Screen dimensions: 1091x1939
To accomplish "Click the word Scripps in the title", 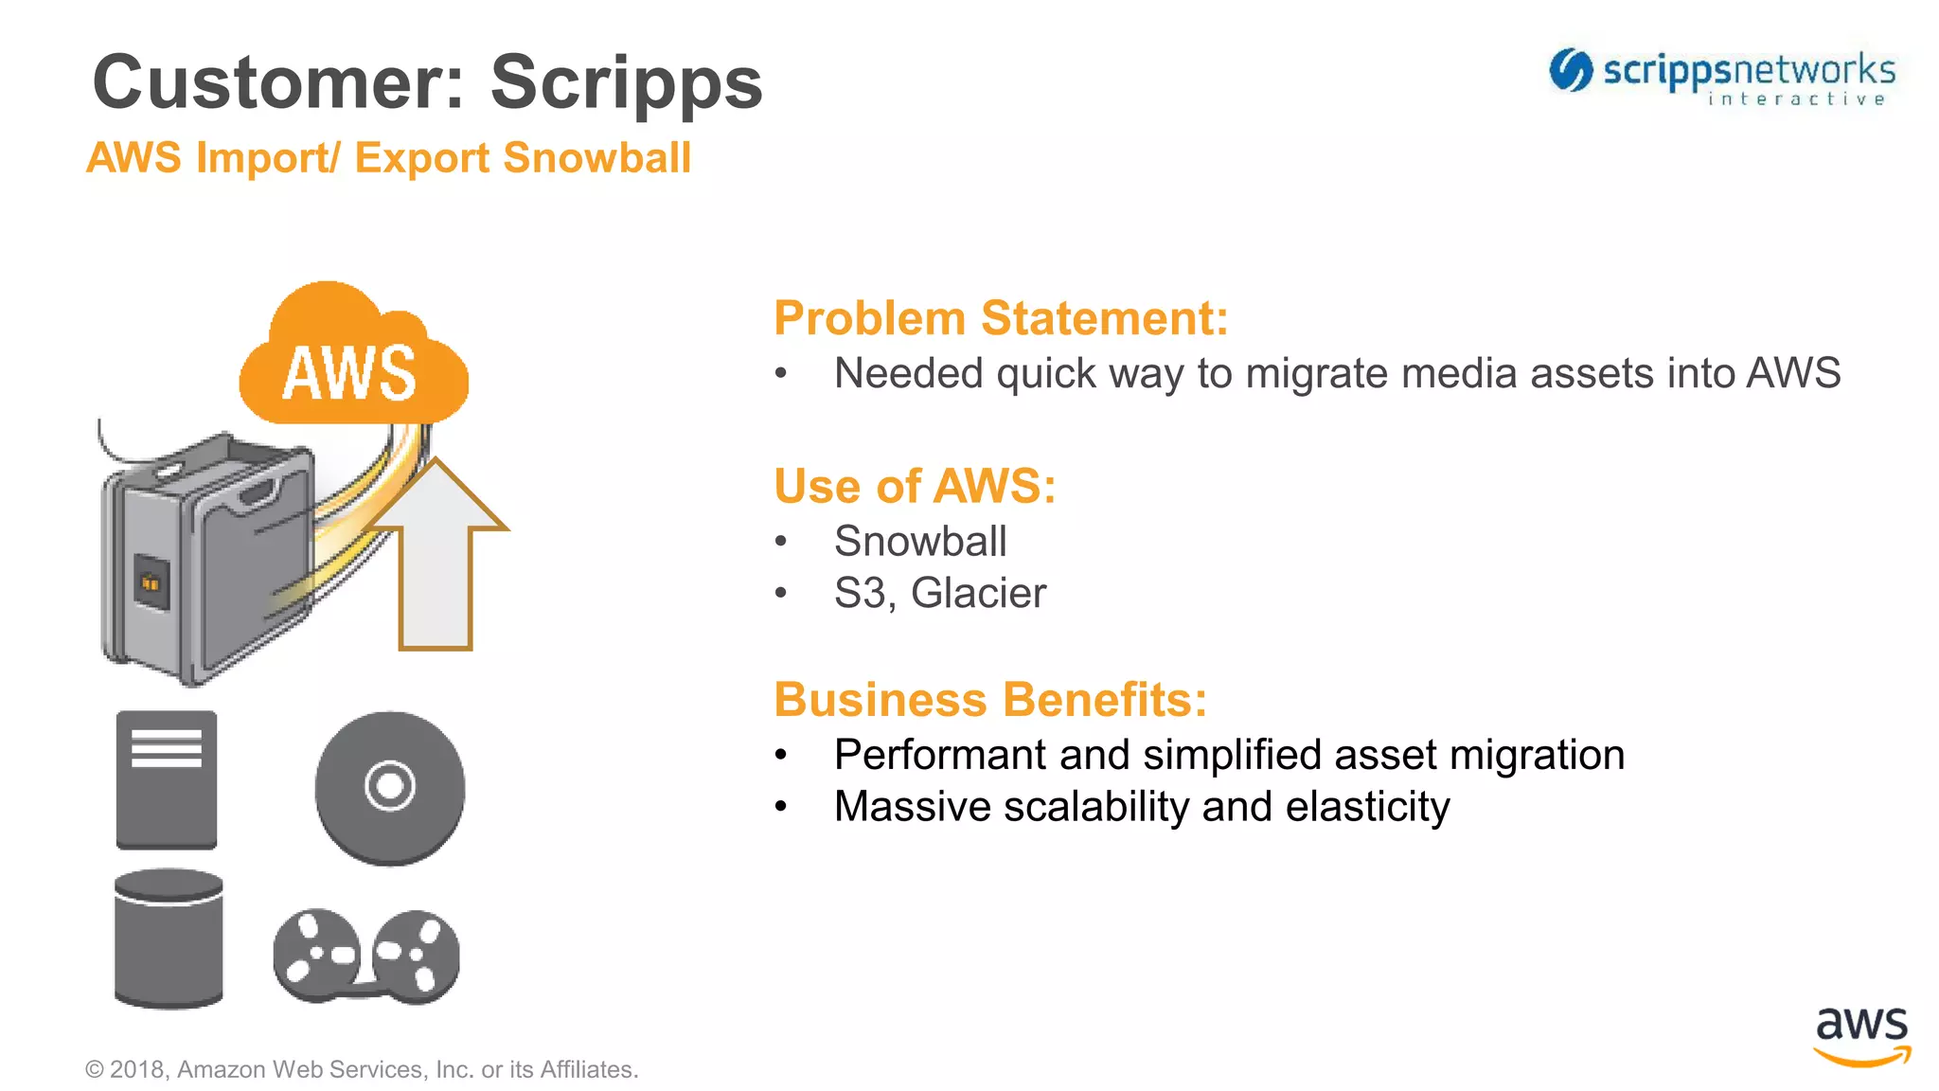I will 626,83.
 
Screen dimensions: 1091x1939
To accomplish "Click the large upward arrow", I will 436,559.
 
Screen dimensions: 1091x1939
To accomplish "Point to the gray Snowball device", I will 208,559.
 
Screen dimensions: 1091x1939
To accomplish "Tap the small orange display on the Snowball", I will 151,582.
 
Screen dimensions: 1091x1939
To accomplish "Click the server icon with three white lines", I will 167,779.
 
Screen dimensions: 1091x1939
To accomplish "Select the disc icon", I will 390,787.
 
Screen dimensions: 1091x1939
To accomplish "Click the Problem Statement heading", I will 1001,318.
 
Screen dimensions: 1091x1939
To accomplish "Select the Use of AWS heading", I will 915,486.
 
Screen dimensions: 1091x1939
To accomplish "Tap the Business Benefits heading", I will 990,700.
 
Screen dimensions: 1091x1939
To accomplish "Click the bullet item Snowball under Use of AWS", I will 919,542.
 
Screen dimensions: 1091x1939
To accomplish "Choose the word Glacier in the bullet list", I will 978,594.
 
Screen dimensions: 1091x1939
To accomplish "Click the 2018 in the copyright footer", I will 138,1069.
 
